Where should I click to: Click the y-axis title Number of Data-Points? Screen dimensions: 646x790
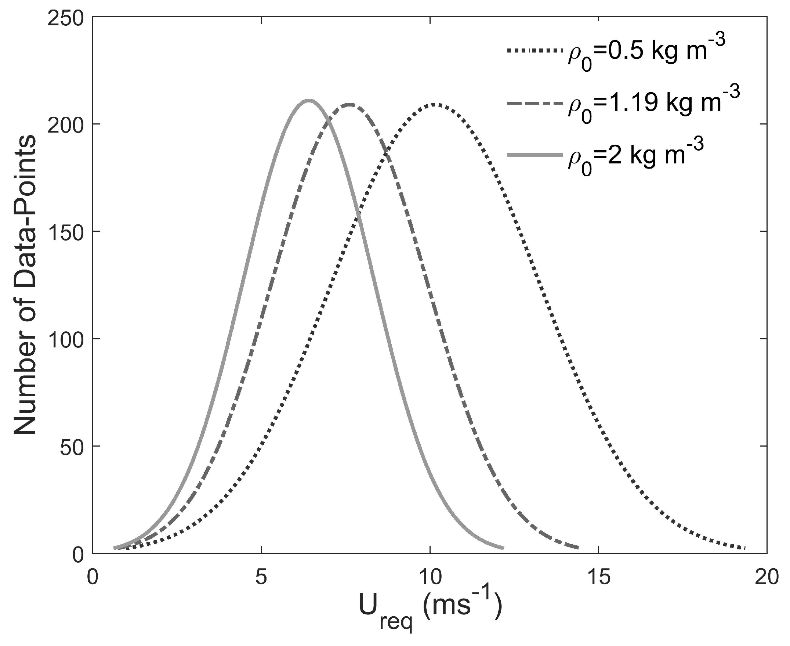point(25,285)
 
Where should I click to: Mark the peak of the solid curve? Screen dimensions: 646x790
point(308,100)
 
